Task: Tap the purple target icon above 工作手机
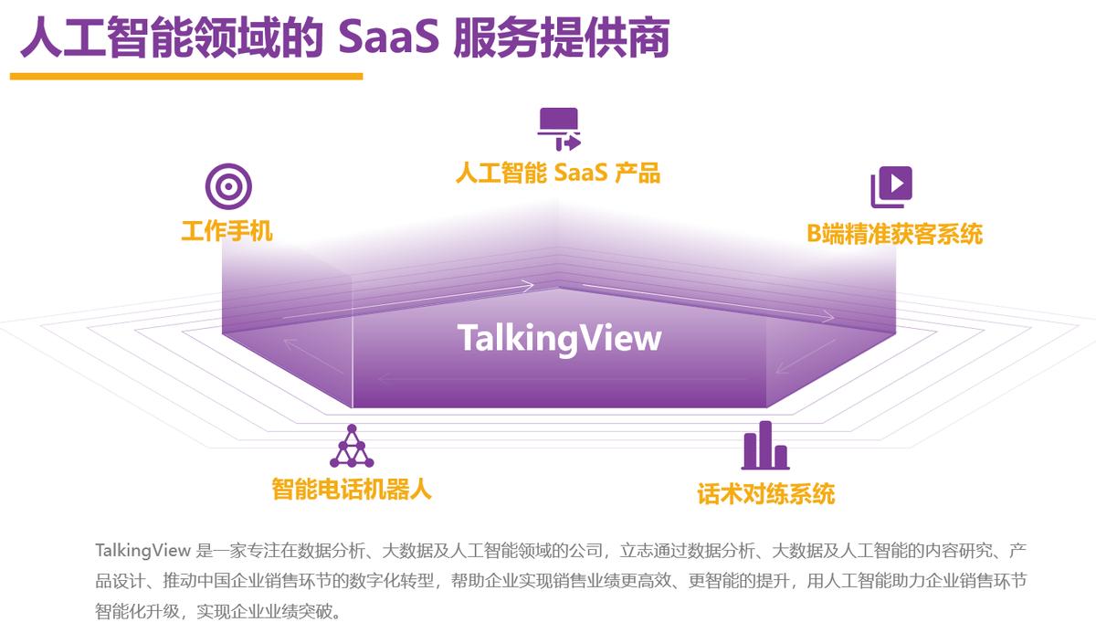coord(227,186)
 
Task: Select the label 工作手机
coord(227,230)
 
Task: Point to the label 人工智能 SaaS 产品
coord(557,172)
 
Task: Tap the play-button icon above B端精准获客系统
coord(891,187)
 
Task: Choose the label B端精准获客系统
coord(894,233)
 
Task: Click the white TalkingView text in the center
coord(559,338)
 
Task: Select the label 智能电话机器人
coord(352,489)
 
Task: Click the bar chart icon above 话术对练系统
coord(765,445)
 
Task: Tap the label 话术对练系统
coord(765,494)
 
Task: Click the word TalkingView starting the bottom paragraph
coord(142,550)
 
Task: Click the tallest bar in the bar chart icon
coord(765,443)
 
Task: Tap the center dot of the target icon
coord(227,186)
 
